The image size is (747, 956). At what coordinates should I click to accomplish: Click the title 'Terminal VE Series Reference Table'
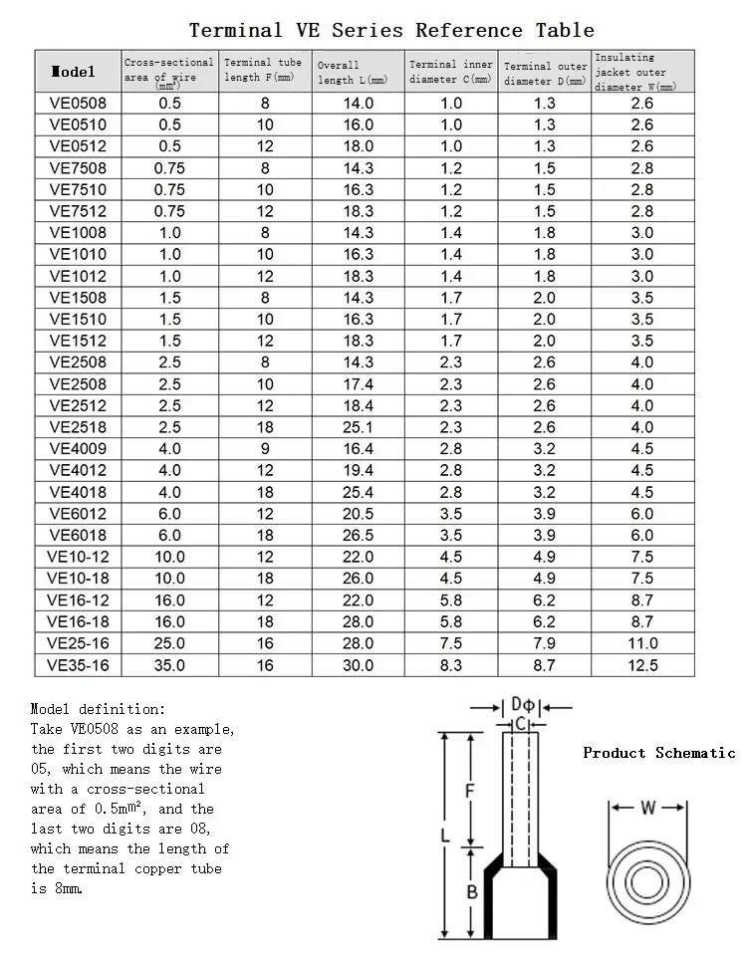point(391,30)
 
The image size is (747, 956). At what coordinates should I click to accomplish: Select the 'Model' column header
point(73,71)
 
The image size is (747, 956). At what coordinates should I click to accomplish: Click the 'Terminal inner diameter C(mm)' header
point(450,71)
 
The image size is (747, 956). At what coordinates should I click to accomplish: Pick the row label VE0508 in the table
point(78,104)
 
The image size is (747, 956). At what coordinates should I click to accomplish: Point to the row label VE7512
point(78,211)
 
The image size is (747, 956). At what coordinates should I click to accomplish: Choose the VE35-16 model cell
point(78,665)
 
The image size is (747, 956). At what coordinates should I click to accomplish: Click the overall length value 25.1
point(357,427)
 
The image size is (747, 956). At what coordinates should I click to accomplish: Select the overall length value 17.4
point(357,384)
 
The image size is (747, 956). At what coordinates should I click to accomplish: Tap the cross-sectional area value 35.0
point(169,665)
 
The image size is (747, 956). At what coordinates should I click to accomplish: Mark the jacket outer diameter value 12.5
point(642,665)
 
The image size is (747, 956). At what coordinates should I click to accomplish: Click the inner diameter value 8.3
point(451,665)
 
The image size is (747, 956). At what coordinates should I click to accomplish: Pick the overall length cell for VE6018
point(357,536)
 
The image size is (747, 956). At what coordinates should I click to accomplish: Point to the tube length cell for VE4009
point(265,449)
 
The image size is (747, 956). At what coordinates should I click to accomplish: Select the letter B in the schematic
point(473,892)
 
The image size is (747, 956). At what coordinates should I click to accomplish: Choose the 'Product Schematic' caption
point(658,753)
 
